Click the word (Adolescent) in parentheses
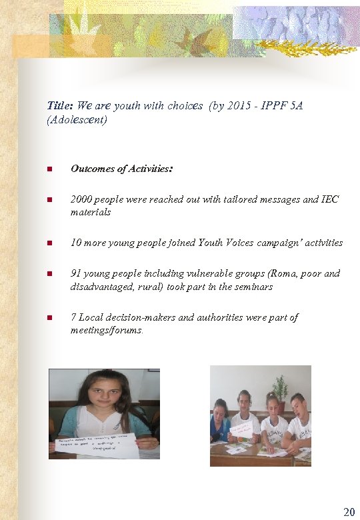tap(77, 121)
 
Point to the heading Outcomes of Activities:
tap(122, 169)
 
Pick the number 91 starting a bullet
tap(77, 273)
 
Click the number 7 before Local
tap(74, 317)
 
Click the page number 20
tap(349, 511)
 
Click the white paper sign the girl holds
tap(97, 446)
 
